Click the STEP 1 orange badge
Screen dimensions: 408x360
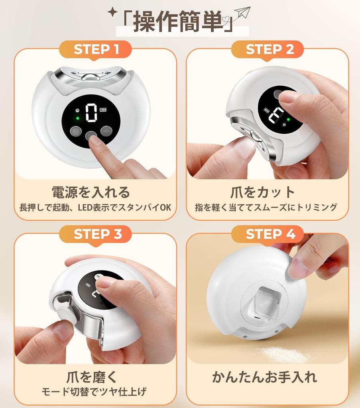pos(96,49)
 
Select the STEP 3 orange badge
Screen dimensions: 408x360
pos(96,234)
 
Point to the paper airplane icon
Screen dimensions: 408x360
pos(242,13)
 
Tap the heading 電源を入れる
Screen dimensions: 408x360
pos(91,192)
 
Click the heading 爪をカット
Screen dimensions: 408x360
pos(263,192)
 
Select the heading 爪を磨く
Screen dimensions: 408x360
pos(92,377)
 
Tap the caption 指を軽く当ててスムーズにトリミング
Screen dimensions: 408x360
pos(266,208)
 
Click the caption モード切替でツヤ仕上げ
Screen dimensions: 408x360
pos(94,392)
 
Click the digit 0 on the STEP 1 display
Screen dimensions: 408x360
pos(92,113)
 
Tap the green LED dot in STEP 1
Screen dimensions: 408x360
pos(78,118)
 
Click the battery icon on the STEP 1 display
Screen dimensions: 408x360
pos(104,111)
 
